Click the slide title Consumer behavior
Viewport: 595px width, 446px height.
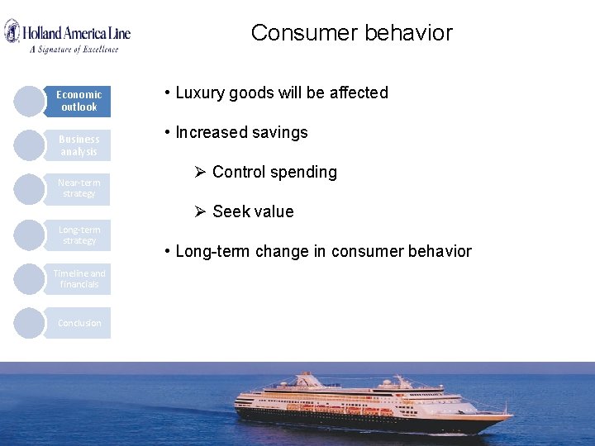pyautogui.click(x=351, y=33)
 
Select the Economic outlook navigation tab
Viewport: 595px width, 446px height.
pyautogui.click(x=79, y=101)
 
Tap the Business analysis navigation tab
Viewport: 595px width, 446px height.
pyautogui.click(x=79, y=145)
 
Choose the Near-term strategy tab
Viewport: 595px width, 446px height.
pyautogui.click(x=79, y=188)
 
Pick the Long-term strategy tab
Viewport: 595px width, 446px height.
pyautogui.click(x=79, y=235)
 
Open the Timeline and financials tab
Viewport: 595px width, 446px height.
pyautogui.click(x=79, y=279)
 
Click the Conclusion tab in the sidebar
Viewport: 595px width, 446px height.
pyautogui.click(x=79, y=323)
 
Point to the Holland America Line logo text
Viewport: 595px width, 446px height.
pyautogui.click(x=76, y=33)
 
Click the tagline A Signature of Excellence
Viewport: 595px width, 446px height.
pyautogui.click(x=74, y=49)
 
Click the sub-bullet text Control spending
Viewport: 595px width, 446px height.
pyautogui.click(x=274, y=173)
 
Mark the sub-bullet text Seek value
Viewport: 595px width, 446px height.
pyautogui.click(x=253, y=212)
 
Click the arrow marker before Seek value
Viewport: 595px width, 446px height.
pyautogui.click(x=199, y=211)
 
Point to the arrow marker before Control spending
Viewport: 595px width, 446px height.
pyautogui.click(x=199, y=172)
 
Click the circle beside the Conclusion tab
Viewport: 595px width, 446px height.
pyautogui.click(x=30, y=323)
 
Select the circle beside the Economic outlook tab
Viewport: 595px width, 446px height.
pyautogui.click(x=30, y=101)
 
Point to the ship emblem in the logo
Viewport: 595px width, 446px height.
pyautogui.click(x=12, y=32)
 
